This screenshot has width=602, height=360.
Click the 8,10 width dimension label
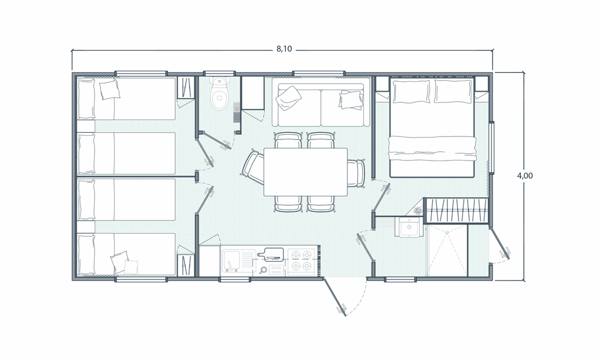coord(284,49)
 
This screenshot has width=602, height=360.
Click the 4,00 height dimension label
coord(525,175)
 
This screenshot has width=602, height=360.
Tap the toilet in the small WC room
coord(219,94)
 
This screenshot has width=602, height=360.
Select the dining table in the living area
coord(306,172)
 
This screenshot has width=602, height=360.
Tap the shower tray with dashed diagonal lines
coord(447,250)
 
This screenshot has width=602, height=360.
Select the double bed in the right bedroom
coord(433,127)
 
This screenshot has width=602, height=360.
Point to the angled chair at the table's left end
coord(253,167)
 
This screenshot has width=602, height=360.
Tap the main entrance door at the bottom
coord(335,296)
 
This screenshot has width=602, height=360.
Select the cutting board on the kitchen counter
coord(270,254)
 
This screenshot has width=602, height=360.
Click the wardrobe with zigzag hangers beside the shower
coord(456,211)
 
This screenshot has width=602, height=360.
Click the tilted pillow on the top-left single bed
coord(110,90)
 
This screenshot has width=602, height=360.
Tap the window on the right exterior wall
coord(491,148)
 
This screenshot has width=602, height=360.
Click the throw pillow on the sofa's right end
coord(350,100)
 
